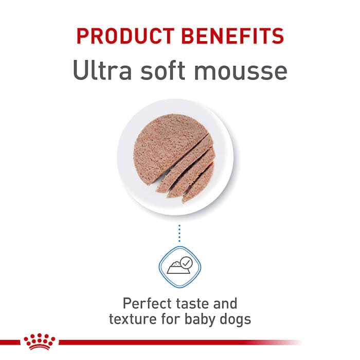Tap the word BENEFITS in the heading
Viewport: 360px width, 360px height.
tap(239, 37)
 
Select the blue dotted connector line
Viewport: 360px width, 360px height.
tap(180, 232)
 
